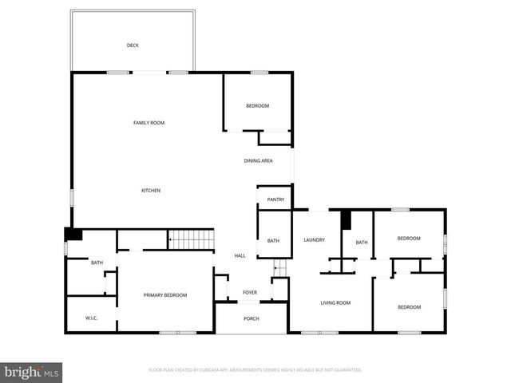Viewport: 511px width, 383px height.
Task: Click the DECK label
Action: (133, 45)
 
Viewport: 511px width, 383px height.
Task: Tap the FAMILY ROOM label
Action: (149, 122)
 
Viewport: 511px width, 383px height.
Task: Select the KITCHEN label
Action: (151, 190)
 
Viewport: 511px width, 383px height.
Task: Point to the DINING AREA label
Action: (259, 160)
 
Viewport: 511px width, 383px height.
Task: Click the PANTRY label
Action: (275, 199)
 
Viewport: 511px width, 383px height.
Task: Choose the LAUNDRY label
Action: (314, 240)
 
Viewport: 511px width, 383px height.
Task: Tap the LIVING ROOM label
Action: (336, 302)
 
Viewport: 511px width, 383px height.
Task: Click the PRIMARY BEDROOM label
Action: (165, 295)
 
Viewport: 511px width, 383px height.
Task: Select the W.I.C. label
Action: (91, 318)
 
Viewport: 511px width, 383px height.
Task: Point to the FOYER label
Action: (250, 293)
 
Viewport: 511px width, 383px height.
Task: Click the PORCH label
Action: (251, 319)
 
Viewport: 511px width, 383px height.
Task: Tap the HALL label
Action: (240, 255)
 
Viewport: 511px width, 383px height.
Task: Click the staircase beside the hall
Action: (192, 239)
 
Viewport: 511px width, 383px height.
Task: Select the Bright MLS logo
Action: (31, 372)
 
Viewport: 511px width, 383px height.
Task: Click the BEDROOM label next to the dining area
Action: (257, 106)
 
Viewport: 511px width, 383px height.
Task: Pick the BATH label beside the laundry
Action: (362, 243)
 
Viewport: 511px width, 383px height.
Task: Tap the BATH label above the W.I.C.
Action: (97, 263)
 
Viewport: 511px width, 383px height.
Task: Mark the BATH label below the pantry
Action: (273, 241)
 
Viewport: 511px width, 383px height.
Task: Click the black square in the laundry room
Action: (346, 220)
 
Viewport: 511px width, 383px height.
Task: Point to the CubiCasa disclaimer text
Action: (255, 370)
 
